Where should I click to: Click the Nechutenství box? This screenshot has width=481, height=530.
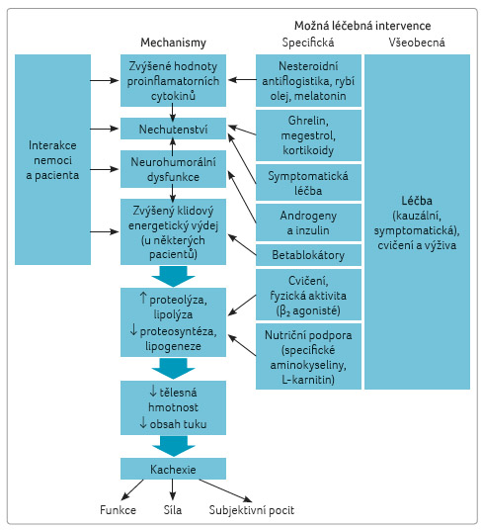[173, 129]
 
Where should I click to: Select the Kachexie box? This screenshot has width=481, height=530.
[173, 469]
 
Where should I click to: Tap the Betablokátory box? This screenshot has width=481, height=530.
[308, 255]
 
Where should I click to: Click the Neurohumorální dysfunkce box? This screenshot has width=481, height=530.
[173, 169]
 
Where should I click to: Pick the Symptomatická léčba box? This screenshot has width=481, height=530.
[308, 183]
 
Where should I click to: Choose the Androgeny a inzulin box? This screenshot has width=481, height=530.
[308, 222]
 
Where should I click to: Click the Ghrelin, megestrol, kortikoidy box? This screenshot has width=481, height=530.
[308, 135]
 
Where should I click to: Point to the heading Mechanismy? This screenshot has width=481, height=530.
[173, 43]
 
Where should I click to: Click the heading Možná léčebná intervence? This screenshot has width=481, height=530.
[362, 26]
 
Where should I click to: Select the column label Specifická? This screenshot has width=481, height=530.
[308, 43]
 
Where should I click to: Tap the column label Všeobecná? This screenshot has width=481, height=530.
[417, 43]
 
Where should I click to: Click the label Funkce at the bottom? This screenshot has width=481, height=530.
[118, 509]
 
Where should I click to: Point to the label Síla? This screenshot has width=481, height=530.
[173, 509]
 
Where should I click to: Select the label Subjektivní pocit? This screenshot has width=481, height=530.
[252, 510]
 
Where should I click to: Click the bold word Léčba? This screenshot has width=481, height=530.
[417, 201]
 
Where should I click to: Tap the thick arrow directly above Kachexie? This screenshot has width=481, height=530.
[173, 446]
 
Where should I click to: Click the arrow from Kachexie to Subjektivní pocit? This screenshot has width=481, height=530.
[225, 490]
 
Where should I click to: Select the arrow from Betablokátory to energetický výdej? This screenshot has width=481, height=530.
[242, 244]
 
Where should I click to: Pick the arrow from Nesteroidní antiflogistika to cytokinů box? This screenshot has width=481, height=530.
[242, 80]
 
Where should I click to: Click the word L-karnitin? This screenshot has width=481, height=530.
[308, 380]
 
